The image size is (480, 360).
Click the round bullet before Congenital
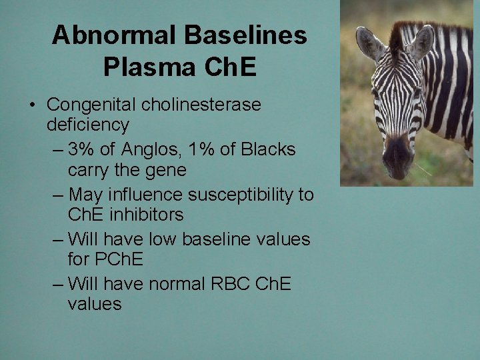(32, 105)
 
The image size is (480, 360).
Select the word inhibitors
(150, 215)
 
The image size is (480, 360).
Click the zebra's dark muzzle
(398, 156)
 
